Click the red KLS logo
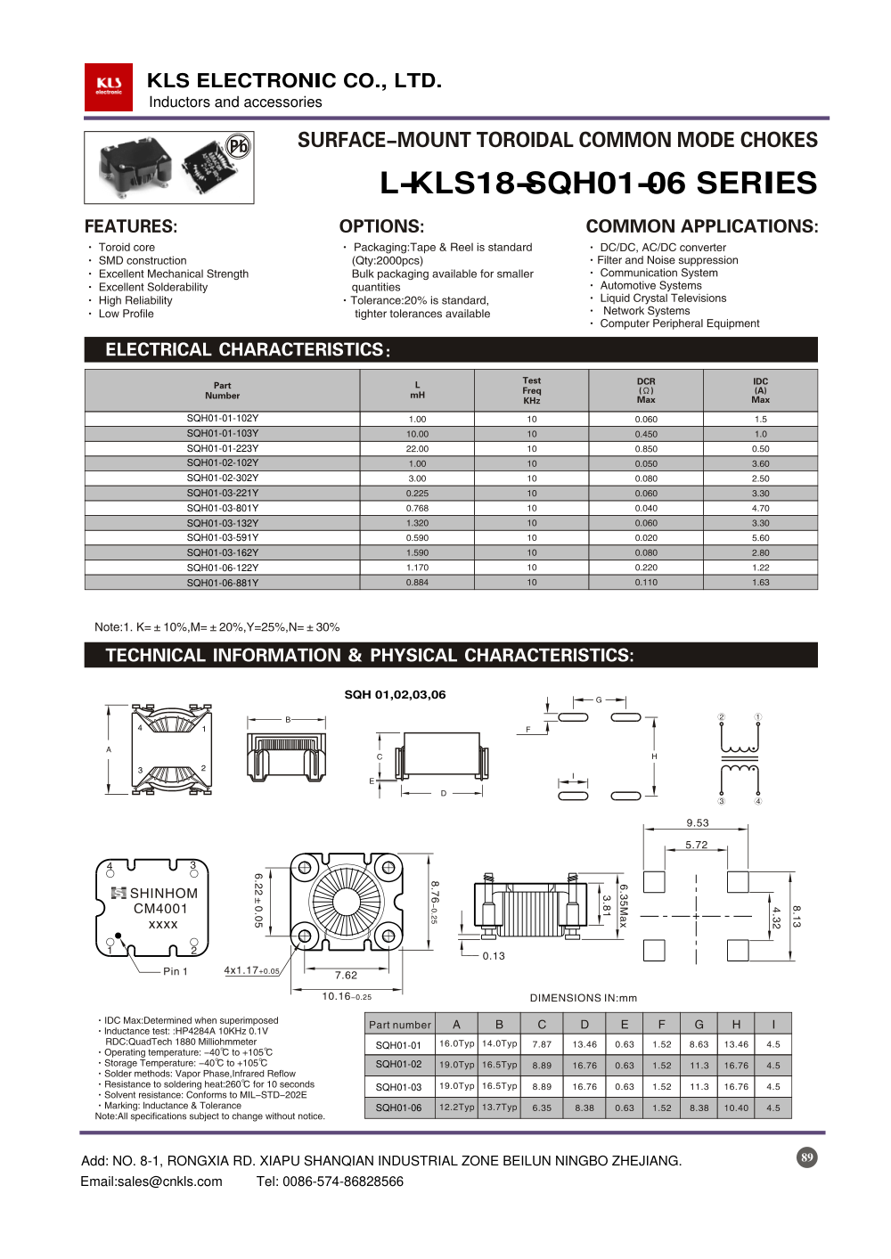tap(109, 86)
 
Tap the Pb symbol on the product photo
tap(238, 145)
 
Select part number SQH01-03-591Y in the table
tap(222, 538)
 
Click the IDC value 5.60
tap(760, 538)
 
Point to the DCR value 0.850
tap(646, 449)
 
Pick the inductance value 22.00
tap(417, 449)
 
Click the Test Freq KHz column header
tap(532, 390)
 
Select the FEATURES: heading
tap(131, 226)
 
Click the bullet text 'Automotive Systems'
tap(650, 285)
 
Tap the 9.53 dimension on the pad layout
tap(698, 823)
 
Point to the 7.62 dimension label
tap(346, 976)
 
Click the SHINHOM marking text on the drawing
tap(164, 894)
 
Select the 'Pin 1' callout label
tap(176, 971)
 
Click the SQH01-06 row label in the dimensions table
tap(398, 1108)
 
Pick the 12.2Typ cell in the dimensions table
tap(456, 1108)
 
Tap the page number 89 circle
tap(806, 1157)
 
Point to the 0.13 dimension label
tap(494, 956)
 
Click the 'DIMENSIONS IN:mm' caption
tap(584, 998)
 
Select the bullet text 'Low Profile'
tap(126, 314)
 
